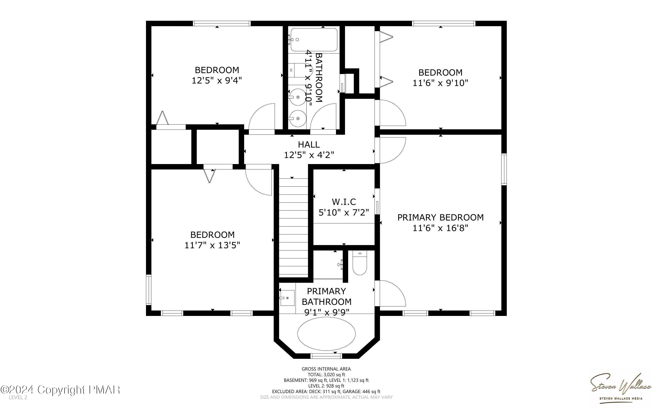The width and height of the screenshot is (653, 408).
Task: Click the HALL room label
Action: (x=309, y=145)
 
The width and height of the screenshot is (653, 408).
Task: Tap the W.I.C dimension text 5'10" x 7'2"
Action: (x=344, y=212)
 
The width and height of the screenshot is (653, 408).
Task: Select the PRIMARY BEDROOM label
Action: (x=440, y=218)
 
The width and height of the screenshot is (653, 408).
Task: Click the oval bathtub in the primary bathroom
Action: (x=326, y=334)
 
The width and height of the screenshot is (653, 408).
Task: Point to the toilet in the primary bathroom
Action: (x=359, y=264)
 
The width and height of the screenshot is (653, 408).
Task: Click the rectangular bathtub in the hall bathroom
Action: (x=314, y=40)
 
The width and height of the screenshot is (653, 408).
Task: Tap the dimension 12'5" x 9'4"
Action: (x=217, y=80)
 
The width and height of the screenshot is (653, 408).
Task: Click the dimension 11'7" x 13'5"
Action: (x=212, y=245)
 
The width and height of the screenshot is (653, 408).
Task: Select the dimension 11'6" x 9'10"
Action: (x=440, y=83)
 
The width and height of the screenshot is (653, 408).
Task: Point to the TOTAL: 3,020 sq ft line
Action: (x=326, y=375)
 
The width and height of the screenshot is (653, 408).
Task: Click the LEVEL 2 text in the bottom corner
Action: (x=18, y=397)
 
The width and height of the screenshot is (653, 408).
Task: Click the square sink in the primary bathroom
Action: (x=287, y=298)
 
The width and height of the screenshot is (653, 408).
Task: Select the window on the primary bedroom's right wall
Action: (x=504, y=169)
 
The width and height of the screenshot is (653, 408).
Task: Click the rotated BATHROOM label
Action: (x=319, y=77)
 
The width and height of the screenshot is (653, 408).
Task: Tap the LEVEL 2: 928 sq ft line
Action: (x=326, y=386)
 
